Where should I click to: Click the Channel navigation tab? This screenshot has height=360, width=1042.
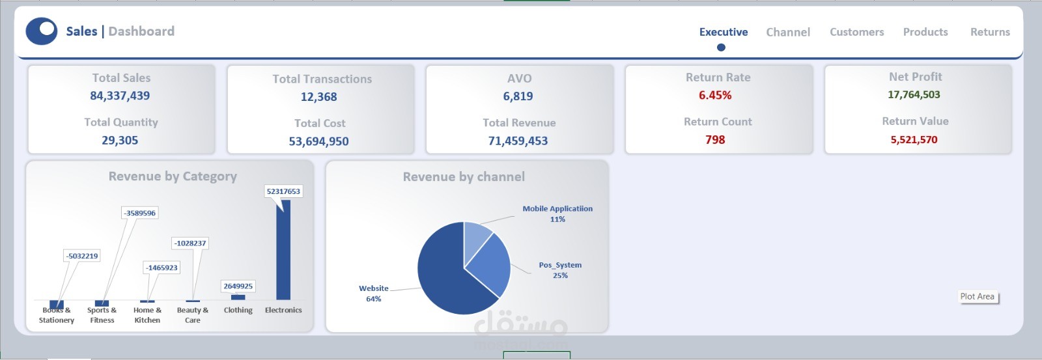(788, 32)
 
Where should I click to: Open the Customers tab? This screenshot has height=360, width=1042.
(857, 32)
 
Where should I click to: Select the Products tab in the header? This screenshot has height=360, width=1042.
(925, 32)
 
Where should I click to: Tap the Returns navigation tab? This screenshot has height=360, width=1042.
(990, 32)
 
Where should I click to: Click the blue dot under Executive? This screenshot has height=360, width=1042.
(721, 48)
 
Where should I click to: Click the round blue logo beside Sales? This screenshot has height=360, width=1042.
(42, 31)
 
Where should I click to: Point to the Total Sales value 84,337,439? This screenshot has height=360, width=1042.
(120, 96)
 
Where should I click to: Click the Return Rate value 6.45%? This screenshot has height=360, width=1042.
(715, 95)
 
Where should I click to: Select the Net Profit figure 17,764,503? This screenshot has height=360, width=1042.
(914, 94)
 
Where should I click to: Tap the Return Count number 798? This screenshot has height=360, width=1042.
(715, 139)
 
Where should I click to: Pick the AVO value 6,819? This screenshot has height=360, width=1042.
(518, 96)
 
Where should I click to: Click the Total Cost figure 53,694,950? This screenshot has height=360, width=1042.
(318, 141)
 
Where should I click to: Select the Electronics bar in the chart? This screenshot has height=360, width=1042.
(283, 250)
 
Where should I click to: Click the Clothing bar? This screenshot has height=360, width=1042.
(238, 298)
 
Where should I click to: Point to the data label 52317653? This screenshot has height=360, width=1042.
(284, 191)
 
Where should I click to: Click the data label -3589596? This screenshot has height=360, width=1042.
(139, 213)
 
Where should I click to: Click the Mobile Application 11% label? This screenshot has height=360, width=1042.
(557, 214)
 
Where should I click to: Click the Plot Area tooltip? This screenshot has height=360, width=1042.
(978, 296)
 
